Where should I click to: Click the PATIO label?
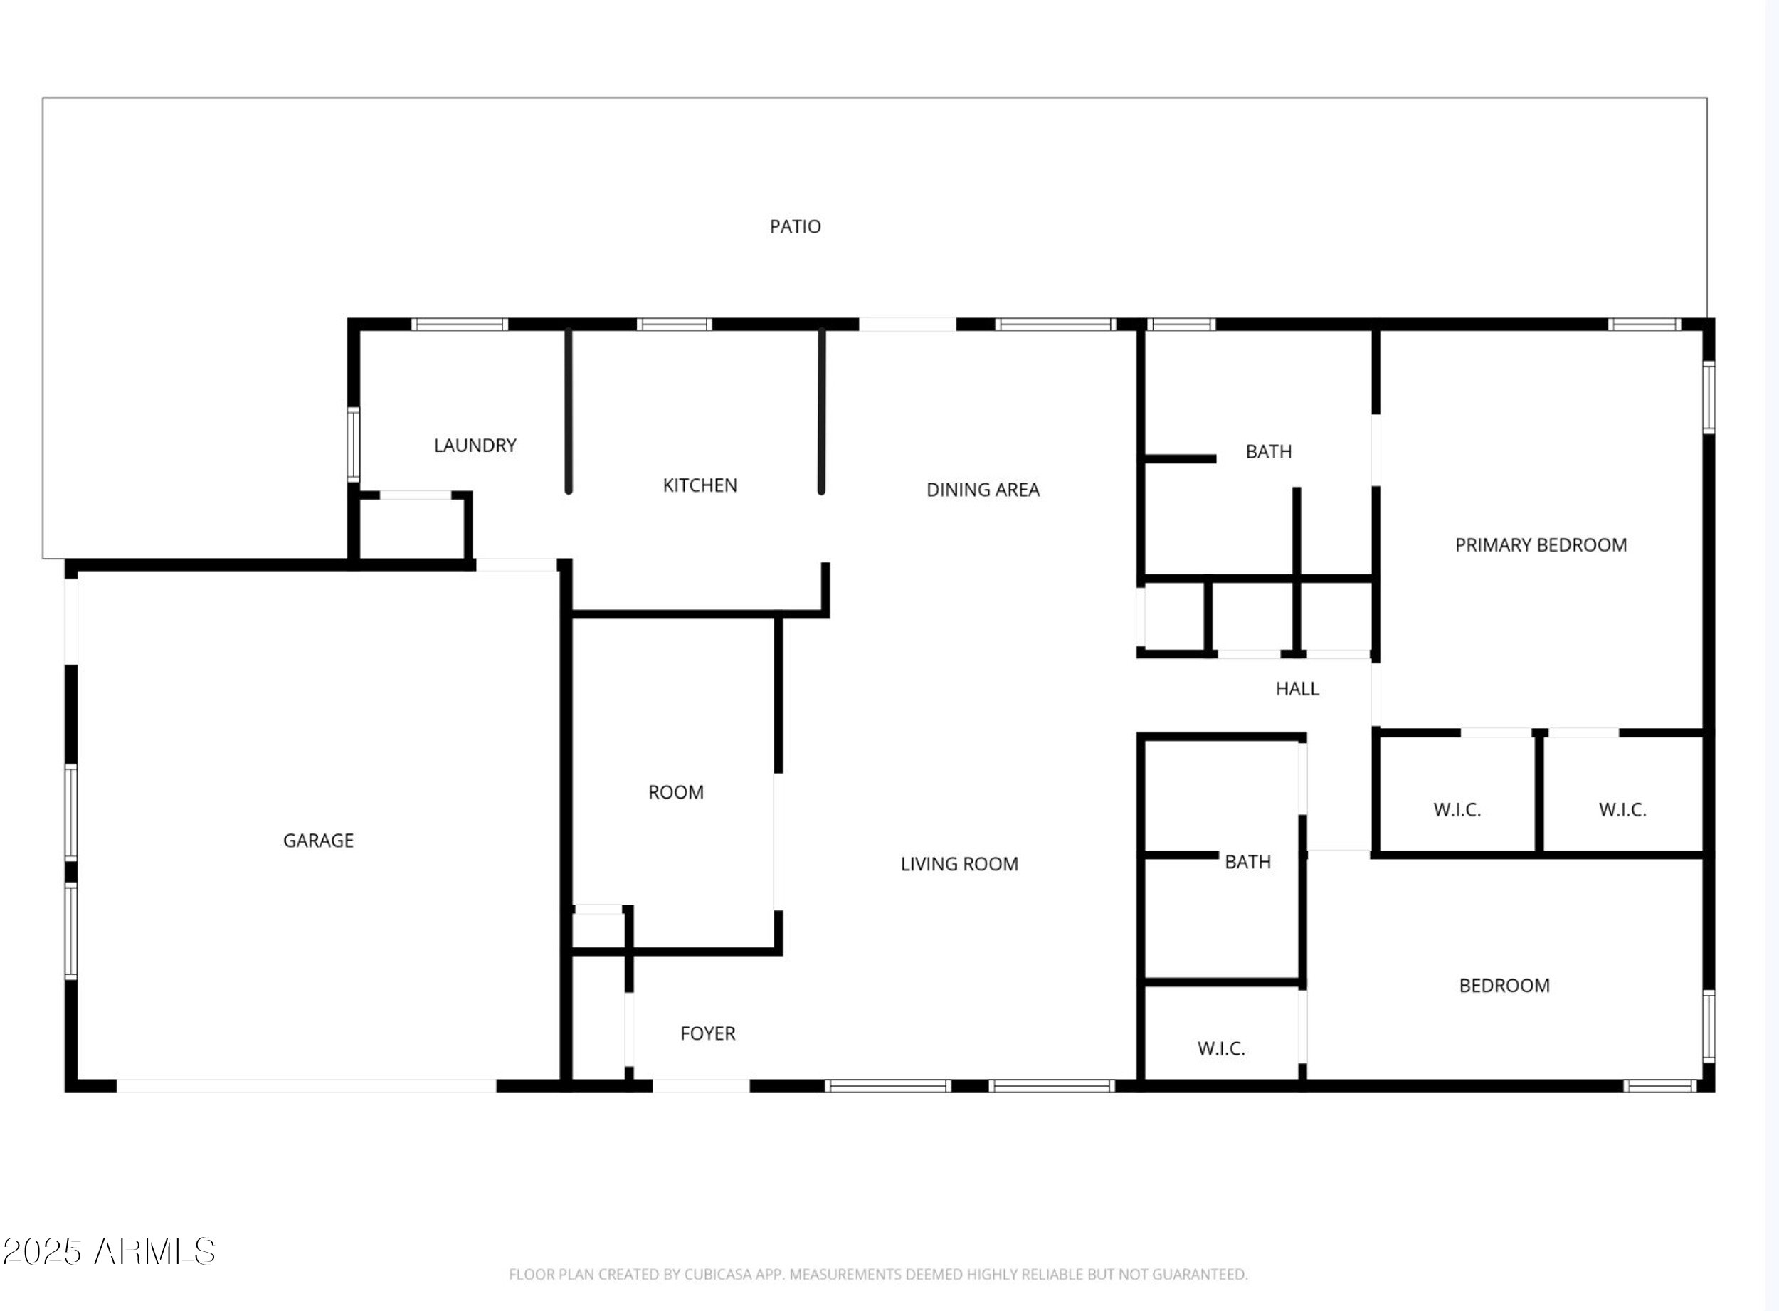795,227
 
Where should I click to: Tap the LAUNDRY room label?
475,446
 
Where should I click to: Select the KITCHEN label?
700,485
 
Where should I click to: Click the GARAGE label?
318,841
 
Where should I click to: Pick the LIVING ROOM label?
959,864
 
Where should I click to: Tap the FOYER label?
708,1033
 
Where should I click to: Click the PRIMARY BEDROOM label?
1540,545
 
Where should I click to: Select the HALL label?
1297,689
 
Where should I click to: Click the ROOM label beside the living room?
675,792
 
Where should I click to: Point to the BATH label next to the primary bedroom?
1268,451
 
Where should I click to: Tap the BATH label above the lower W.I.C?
1247,862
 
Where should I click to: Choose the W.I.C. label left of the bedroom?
1220,1048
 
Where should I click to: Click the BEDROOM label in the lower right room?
1504,986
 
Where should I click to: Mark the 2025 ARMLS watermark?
109,1251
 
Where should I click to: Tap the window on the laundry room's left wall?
353,444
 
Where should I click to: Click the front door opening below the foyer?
701,1085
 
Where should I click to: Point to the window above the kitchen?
674,324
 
